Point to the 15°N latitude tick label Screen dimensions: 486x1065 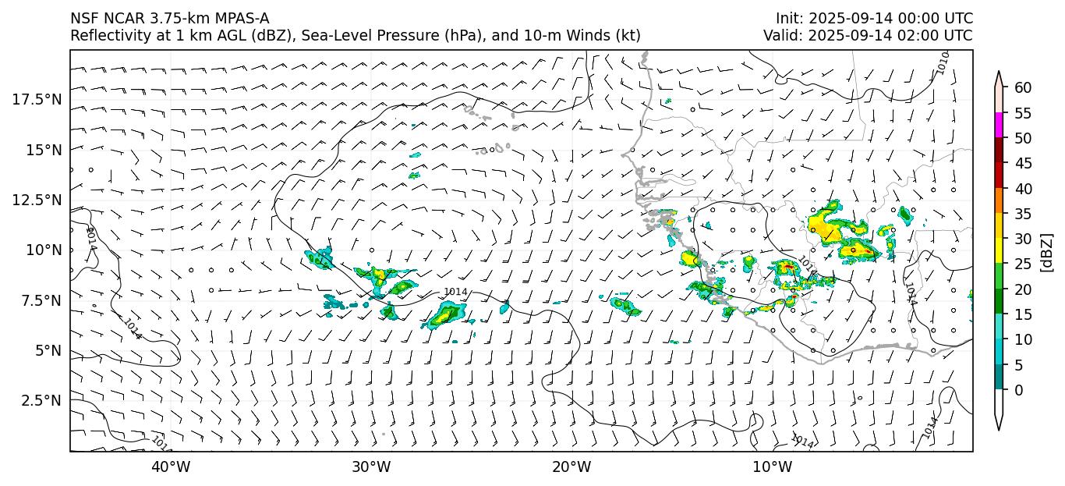point(43,149)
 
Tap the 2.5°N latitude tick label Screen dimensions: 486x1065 point(38,400)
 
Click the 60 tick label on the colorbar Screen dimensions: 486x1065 point(1023,88)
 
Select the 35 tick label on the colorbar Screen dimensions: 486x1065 point(1023,214)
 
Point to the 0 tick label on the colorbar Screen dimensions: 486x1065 point(1018,390)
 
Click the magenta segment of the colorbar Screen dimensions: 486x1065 point(999,126)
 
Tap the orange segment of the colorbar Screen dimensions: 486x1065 point(999,201)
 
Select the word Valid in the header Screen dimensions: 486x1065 point(780,36)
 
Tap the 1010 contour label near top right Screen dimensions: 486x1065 point(943,62)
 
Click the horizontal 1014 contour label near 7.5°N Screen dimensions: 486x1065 point(455,292)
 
